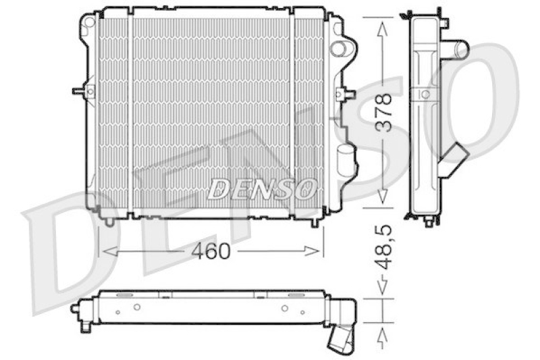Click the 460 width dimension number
pos(211,251)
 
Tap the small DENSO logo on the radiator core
pos(262,189)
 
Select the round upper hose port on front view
pos(343,48)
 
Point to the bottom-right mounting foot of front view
pos(315,221)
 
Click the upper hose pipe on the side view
pos(458,49)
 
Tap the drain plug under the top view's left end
pos(86,326)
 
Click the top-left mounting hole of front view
pos(88,22)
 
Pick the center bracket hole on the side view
pos(427,94)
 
